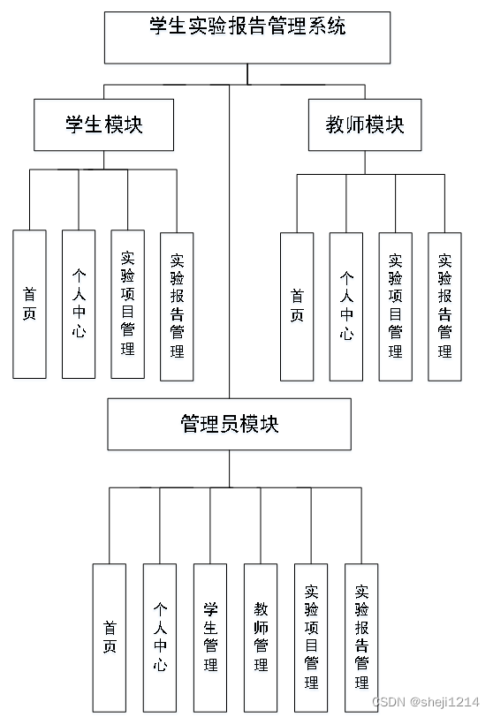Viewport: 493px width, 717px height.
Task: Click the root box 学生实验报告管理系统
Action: [x=247, y=37]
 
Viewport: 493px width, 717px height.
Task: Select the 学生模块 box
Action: [x=104, y=125]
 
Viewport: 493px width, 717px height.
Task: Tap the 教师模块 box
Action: [x=365, y=125]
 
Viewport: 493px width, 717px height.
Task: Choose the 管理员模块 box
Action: [x=229, y=424]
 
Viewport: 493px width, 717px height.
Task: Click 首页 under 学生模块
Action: [x=30, y=304]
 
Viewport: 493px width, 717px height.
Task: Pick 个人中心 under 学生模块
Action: [x=79, y=304]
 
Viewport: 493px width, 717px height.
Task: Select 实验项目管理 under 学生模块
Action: [x=128, y=304]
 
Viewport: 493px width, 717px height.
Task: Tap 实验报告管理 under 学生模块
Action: [x=177, y=306]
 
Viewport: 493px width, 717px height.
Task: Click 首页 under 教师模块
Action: [x=297, y=306]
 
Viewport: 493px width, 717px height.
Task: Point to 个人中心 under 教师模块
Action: [x=346, y=306]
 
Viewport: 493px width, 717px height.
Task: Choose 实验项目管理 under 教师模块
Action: [x=395, y=306]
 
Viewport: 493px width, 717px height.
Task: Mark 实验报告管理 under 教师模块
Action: [x=444, y=306]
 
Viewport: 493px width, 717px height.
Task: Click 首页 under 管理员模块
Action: [x=110, y=637]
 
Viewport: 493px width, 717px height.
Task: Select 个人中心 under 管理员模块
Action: [x=160, y=637]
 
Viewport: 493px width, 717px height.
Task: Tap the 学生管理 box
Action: [x=210, y=637]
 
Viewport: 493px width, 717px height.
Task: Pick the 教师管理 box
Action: [x=261, y=637]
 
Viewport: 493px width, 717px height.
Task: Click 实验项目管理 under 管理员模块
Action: [x=311, y=637]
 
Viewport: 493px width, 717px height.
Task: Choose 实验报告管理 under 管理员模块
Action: [x=361, y=637]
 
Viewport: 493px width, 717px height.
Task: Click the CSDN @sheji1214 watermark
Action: [x=428, y=702]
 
